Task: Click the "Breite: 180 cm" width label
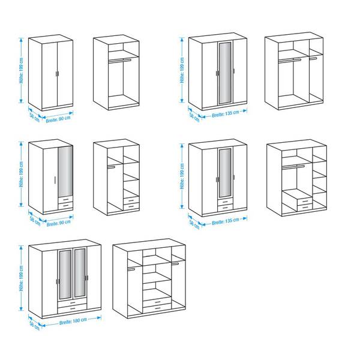(x=73, y=321)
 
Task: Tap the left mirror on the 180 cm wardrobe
(x=65, y=274)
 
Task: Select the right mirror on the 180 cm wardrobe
(x=79, y=272)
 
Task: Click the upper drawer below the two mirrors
(x=72, y=303)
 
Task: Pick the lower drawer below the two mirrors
(x=72, y=309)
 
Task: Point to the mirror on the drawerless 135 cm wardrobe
(x=225, y=72)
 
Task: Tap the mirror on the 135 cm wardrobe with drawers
(x=225, y=173)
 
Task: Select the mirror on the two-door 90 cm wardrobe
(x=65, y=171)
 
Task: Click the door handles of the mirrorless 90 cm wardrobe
(x=57, y=73)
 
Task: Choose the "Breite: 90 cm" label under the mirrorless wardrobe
(x=58, y=119)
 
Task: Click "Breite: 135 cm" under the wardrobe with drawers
(x=226, y=221)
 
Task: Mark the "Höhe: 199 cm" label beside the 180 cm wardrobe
(x=22, y=278)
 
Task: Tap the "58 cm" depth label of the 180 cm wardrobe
(x=34, y=326)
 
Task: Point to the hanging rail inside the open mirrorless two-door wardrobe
(x=119, y=61)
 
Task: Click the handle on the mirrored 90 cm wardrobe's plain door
(x=55, y=180)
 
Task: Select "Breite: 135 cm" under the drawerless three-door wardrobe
(x=226, y=114)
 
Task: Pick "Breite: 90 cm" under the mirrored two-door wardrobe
(x=59, y=223)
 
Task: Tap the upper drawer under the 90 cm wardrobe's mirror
(x=65, y=200)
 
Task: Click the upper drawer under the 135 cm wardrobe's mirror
(x=225, y=202)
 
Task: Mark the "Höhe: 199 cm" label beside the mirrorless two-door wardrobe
(x=22, y=70)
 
